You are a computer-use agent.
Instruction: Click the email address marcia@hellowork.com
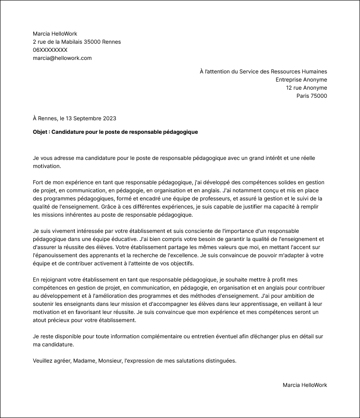(x=62, y=58)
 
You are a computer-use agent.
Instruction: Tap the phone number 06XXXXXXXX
(x=50, y=50)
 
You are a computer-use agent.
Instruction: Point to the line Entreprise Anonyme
(x=301, y=80)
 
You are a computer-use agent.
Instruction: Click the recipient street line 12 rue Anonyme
(x=306, y=88)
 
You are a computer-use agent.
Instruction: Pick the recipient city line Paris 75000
(x=311, y=96)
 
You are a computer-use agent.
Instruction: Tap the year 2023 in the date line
(x=109, y=118)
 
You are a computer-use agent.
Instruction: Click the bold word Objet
(x=41, y=132)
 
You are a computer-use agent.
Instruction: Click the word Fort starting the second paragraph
(x=39, y=182)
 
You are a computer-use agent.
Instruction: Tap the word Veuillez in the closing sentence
(x=44, y=361)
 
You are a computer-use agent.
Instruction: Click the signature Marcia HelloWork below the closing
(x=305, y=385)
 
